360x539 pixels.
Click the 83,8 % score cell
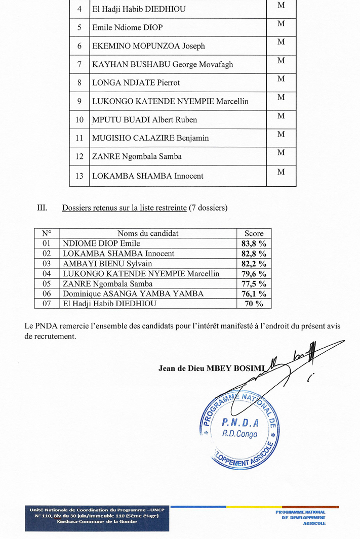point(254,243)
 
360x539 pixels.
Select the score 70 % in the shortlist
point(254,304)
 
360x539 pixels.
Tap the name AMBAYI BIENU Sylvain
point(107,264)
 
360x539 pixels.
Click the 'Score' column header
point(254,233)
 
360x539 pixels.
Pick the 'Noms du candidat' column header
point(148,233)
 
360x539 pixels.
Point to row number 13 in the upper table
point(79,176)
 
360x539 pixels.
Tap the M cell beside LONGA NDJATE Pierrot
point(281,79)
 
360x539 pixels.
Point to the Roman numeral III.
point(42,208)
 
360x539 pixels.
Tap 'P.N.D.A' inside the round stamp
point(241,423)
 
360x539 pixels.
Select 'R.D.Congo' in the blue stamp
point(240,434)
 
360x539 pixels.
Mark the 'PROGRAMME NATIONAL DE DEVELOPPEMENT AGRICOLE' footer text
point(300,518)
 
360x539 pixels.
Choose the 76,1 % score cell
point(254,294)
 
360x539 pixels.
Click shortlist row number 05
point(47,284)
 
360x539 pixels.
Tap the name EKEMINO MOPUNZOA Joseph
point(148,46)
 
